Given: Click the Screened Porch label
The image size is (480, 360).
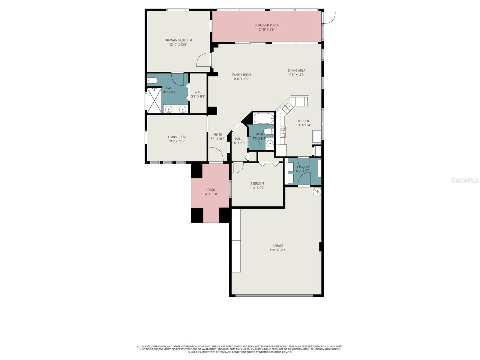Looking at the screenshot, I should click(x=267, y=25).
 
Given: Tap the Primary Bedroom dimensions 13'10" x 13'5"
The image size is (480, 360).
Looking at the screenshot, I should click(x=178, y=45).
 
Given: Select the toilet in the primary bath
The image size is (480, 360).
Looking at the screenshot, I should click(x=152, y=80).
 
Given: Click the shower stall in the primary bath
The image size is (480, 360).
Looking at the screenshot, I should click(x=154, y=100).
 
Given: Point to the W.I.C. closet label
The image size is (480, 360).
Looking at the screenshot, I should click(x=198, y=92).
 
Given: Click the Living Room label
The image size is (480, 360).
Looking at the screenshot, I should click(x=177, y=137).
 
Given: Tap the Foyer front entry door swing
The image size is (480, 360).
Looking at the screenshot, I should click(x=216, y=155).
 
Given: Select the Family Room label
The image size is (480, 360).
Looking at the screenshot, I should click(x=241, y=75).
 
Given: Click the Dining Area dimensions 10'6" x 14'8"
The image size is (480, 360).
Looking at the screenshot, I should click(x=296, y=75).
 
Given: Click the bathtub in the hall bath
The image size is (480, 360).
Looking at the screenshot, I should click(x=264, y=118).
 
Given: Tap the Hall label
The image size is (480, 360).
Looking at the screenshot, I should click(x=238, y=139).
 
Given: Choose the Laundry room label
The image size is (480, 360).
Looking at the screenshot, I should click(x=303, y=167).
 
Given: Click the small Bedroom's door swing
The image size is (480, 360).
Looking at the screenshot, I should click(x=238, y=167).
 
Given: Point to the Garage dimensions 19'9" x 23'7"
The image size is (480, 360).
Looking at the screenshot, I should click(x=278, y=250).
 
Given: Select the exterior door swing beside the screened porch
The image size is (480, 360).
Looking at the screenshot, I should click(x=329, y=17).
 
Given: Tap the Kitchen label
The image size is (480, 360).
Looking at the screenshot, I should click(x=303, y=121).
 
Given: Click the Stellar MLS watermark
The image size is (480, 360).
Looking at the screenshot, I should click(x=464, y=180).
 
